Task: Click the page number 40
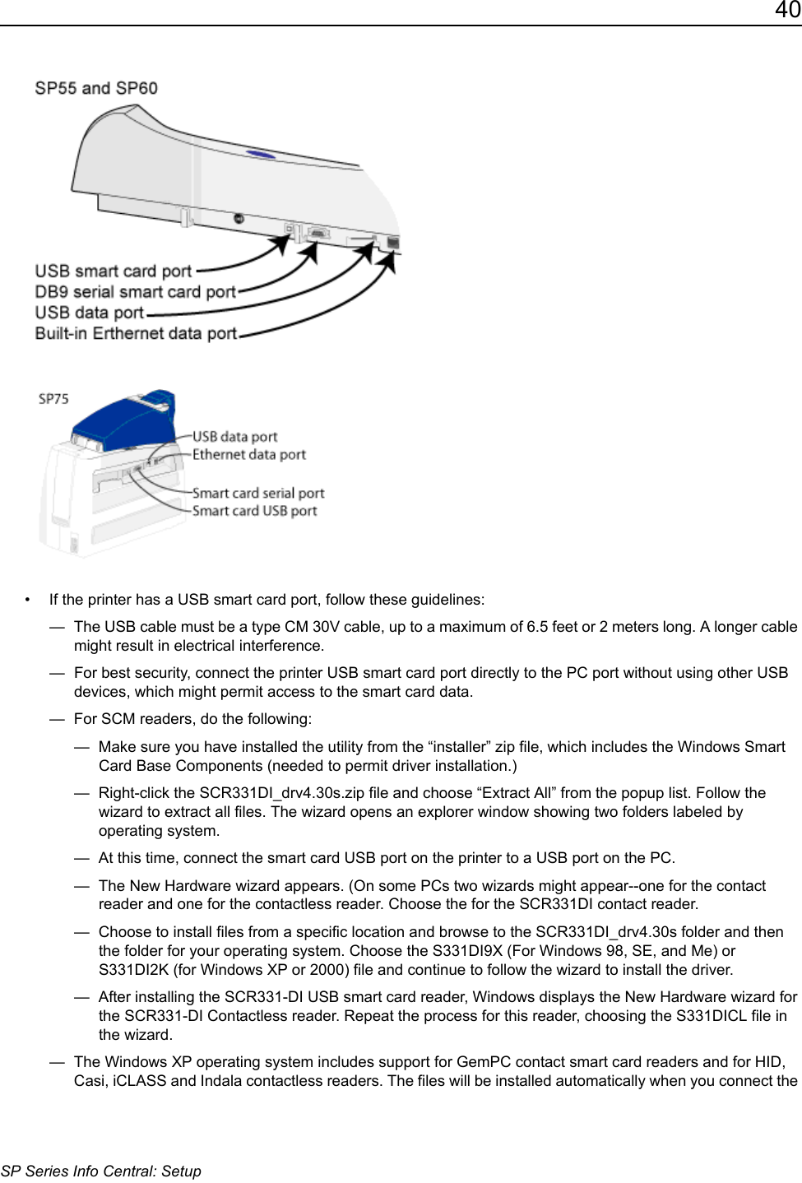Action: (x=787, y=11)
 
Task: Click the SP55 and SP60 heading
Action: (x=96, y=88)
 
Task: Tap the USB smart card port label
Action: (x=113, y=271)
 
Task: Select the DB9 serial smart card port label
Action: (x=135, y=292)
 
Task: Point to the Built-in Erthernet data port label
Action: (x=136, y=333)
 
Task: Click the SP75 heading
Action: (x=53, y=399)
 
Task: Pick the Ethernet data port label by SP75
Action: (x=248, y=454)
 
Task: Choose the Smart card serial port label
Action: (x=258, y=493)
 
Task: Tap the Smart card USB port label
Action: (x=254, y=511)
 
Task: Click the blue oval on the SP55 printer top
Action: (x=262, y=154)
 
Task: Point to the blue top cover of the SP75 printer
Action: (x=123, y=424)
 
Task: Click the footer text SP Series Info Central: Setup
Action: (x=100, y=1171)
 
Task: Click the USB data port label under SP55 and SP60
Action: (x=89, y=313)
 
